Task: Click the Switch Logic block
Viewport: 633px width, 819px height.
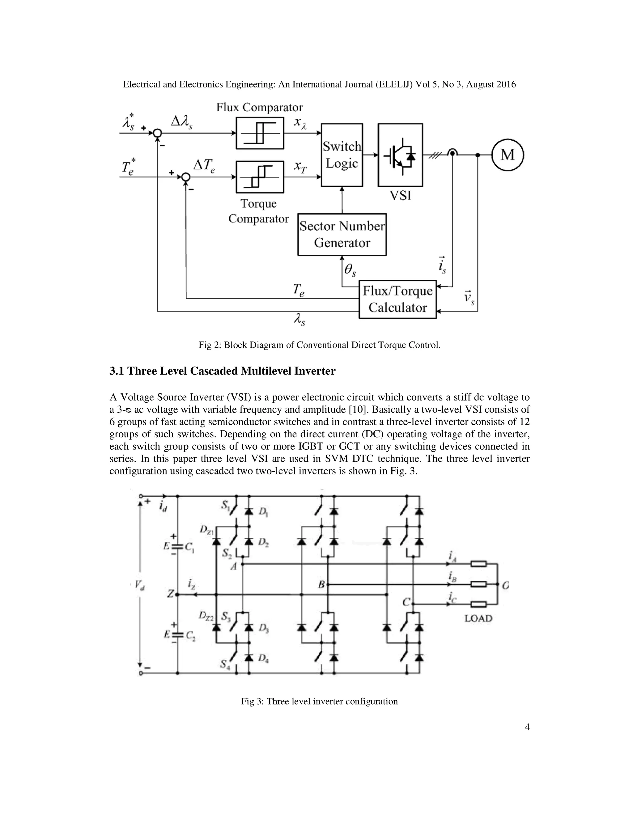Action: click(342, 155)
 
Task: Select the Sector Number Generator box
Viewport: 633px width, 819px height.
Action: click(342, 234)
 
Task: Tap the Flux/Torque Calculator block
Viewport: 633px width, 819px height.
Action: click(397, 299)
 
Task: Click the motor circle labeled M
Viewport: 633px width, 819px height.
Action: click(508, 155)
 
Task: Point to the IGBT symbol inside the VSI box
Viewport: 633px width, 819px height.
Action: click(400, 155)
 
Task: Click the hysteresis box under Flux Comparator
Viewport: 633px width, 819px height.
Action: click(260, 133)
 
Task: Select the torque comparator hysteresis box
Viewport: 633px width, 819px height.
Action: click(260, 176)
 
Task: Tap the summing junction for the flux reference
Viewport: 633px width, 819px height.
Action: click(158, 133)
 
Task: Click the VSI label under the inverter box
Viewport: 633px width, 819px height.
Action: click(400, 195)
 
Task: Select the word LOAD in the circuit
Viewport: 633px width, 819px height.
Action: click(478, 618)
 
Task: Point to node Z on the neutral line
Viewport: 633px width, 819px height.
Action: click(171, 594)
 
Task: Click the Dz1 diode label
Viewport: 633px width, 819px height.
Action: click(207, 530)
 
